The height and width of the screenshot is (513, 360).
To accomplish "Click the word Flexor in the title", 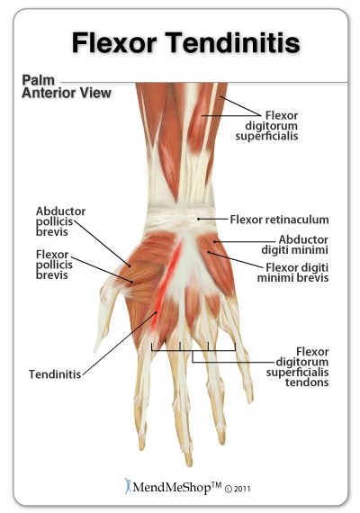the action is point(114,42).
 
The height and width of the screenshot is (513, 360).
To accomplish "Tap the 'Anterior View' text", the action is point(67,93).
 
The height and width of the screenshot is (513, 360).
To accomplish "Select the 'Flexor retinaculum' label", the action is point(279,220).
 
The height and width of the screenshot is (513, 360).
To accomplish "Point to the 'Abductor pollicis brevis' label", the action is point(60,221).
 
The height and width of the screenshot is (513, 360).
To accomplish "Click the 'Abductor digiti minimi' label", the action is point(294,245).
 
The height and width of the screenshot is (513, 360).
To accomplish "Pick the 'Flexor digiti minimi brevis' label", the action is point(292,273).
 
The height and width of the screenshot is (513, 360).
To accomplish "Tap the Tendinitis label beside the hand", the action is point(55,374).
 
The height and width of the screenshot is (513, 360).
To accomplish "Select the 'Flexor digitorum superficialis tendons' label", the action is point(297,367).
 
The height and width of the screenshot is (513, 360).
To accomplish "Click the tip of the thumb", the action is point(96,350).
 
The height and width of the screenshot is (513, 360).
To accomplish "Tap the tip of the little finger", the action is point(251,400).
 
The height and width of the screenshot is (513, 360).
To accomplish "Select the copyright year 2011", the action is point(242,489).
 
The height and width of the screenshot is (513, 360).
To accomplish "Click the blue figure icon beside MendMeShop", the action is point(128,485).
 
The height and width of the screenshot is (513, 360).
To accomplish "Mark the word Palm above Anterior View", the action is point(38,80).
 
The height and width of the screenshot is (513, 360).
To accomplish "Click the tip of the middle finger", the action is point(188,463).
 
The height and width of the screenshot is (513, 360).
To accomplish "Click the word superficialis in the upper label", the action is point(266,136).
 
